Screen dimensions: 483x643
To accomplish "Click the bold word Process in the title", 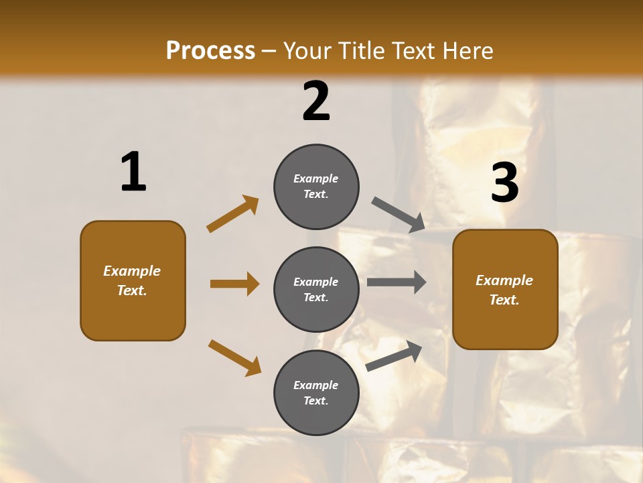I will pos(210,50).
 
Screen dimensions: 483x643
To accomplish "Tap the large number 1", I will pos(133,172).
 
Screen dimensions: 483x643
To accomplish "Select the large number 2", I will pos(316,101).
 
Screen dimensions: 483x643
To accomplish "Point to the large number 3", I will pos(504,182).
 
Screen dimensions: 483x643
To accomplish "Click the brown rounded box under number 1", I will pos(133,280).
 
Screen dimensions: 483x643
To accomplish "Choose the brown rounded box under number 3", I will pos(505,290).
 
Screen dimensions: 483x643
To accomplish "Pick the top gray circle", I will pos(316,186).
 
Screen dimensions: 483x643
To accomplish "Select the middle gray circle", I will pos(316,289).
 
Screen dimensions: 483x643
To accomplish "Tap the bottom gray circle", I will pos(316,392).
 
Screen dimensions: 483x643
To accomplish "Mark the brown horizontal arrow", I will pos(234,284).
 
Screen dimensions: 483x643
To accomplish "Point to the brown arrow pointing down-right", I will pos(234,358).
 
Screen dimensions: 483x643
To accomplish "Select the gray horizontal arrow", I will pos(397,282).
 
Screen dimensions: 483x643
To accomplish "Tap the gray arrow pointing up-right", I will pos(394,356).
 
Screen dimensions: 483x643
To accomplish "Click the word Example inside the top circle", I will pos(316,178).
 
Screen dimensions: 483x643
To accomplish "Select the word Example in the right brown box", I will pos(504,280).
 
